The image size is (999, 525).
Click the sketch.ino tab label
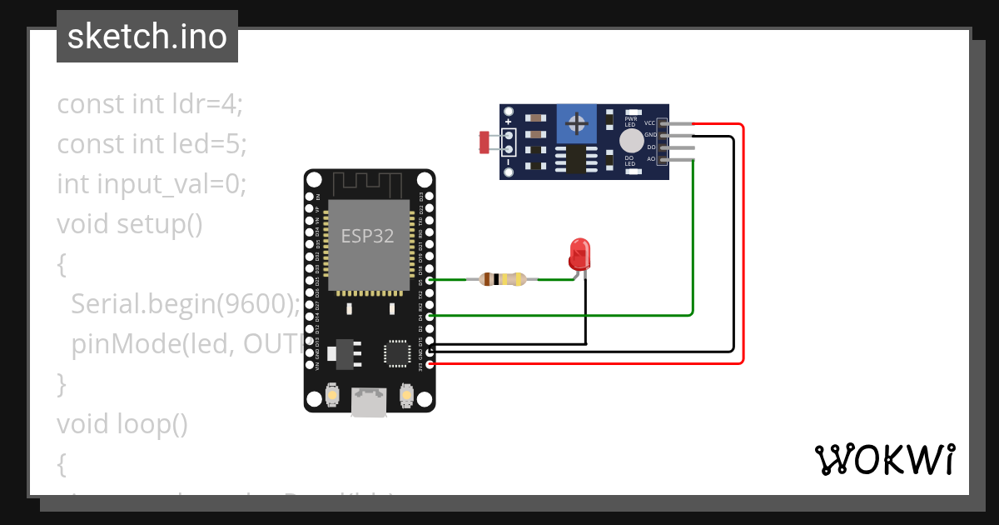point(147,37)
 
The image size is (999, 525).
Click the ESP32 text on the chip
point(367,235)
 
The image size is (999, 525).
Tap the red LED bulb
point(579,252)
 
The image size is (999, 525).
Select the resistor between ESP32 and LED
point(503,279)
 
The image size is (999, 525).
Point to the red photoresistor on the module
point(484,142)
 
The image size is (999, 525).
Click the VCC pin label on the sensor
point(650,123)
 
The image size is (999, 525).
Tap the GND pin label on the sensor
point(650,135)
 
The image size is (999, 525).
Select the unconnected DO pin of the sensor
point(678,147)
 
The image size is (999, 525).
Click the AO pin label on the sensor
point(651,158)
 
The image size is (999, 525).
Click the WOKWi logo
point(884,459)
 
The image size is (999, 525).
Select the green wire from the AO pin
point(693,242)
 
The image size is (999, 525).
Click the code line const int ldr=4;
point(150,104)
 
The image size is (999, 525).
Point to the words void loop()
point(122,424)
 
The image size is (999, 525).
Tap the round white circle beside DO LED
point(632,140)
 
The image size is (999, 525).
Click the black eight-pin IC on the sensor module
point(575,159)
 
